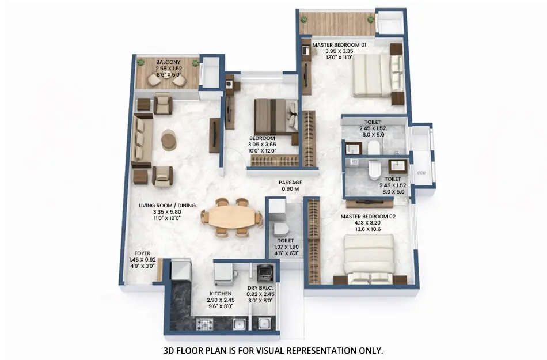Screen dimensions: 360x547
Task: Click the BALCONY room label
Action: coord(168,62)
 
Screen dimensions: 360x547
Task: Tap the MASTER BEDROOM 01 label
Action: coord(339,44)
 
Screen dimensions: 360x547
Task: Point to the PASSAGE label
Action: coord(290,183)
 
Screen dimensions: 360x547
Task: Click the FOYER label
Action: coord(142,253)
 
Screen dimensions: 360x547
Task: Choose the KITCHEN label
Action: coord(221,293)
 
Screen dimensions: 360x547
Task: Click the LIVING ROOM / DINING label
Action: coord(167,206)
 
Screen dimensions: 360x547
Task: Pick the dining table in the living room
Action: coord(231,218)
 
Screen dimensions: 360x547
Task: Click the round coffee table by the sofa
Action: coord(169,140)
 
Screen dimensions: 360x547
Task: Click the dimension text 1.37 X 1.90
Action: coord(286,247)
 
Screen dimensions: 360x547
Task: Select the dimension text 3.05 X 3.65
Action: coord(262,145)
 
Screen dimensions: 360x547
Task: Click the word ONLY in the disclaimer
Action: coord(370,350)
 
